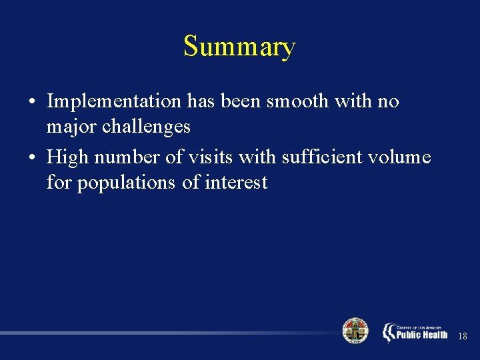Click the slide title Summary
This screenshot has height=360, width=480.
(x=239, y=47)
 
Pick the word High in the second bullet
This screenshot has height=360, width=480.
(x=62, y=157)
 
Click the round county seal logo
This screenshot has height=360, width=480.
(x=355, y=331)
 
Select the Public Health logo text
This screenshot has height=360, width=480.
(x=421, y=333)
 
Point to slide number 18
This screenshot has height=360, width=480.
(x=463, y=337)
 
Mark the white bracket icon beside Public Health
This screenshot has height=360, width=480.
(x=389, y=332)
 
